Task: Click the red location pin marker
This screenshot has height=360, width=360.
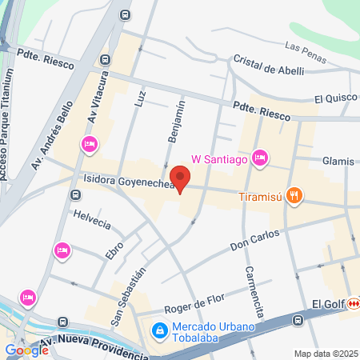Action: click(180, 178)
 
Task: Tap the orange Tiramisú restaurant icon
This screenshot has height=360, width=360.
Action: click(295, 194)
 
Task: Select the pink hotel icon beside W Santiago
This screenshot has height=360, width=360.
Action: click(259, 158)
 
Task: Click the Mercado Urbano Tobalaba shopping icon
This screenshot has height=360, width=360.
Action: click(160, 329)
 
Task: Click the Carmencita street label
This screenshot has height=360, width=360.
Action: click(254, 291)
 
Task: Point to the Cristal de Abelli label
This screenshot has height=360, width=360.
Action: click(270, 66)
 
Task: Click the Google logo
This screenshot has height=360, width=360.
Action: click(26, 350)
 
